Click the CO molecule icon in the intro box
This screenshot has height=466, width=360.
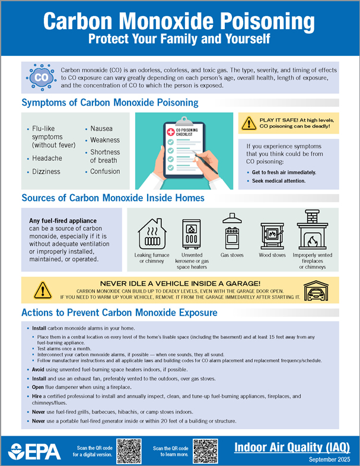(x=41, y=77)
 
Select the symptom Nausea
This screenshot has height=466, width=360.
(x=101, y=128)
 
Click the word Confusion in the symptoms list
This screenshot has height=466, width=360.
(x=105, y=172)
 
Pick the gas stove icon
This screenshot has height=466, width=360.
(x=231, y=232)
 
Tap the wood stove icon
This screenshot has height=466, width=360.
(x=272, y=236)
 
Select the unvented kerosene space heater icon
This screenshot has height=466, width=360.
(x=192, y=234)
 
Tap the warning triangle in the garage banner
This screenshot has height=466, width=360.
(x=42, y=290)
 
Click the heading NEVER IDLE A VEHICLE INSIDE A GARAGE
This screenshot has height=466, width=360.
(x=180, y=284)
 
